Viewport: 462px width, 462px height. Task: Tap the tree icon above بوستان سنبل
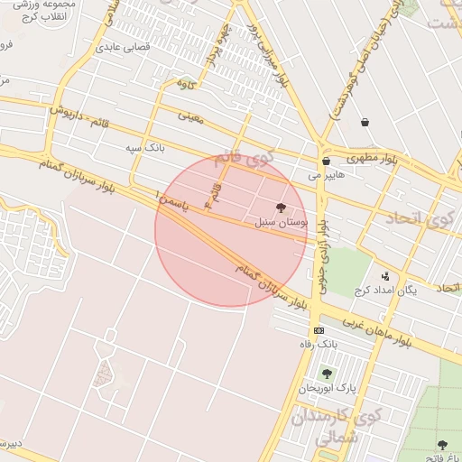[291, 208]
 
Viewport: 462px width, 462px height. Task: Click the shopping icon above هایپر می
[325, 162]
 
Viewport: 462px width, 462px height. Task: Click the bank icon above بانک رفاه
[318, 330]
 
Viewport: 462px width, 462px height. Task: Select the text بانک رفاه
[318, 344]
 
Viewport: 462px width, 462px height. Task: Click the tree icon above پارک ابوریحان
[326, 374]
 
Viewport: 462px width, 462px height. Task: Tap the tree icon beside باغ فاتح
[442, 445]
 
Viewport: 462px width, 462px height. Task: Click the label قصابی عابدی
[134, 44]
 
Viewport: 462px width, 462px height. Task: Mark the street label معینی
[192, 115]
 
